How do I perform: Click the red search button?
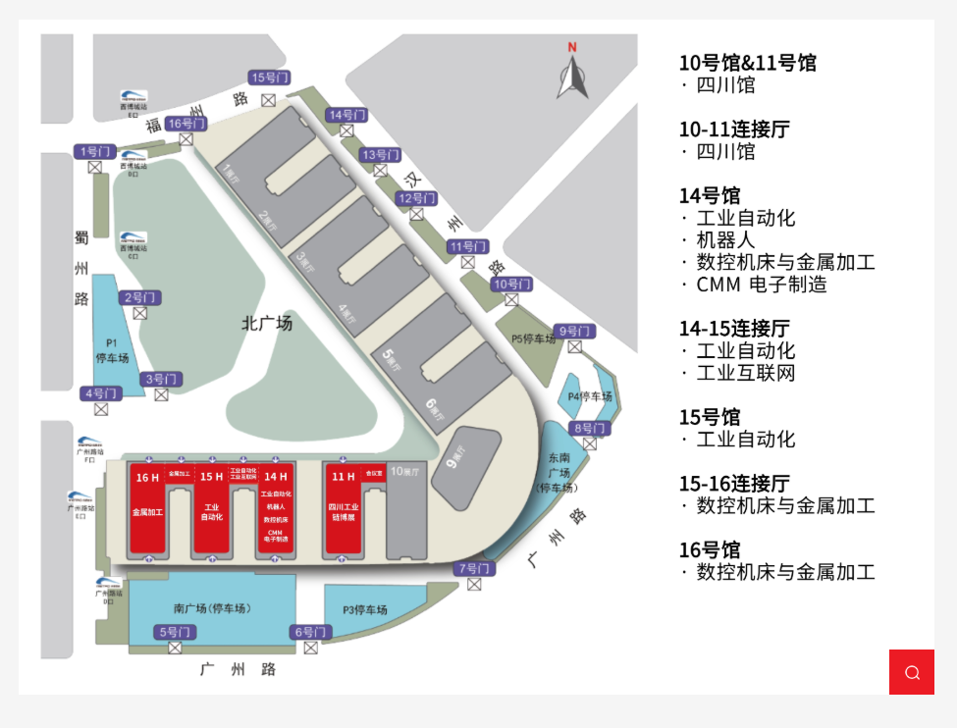(911, 672)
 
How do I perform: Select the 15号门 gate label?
(270, 78)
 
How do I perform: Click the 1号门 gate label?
(95, 151)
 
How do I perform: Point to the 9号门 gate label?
(574, 331)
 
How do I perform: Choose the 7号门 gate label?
(474, 568)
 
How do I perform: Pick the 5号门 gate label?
(175, 632)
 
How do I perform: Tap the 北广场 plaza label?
(267, 323)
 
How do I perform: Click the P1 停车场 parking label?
(112, 351)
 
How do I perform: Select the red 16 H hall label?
(148, 477)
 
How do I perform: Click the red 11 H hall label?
(344, 477)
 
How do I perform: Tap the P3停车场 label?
(364, 609)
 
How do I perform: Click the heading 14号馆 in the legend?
(710, 195)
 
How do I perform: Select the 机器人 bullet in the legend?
(725, 240)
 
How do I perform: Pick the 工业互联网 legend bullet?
(746, 373)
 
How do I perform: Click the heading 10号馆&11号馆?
(748, 63)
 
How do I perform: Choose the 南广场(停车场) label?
(211, 608)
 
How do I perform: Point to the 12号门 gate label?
(416, 198)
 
